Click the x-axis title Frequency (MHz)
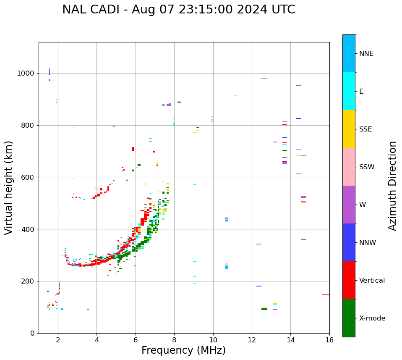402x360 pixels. (183, 350)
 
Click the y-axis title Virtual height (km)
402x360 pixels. (9, 188)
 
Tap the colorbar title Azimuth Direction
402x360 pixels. (392, 186)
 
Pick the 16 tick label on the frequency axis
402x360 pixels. (329, 340)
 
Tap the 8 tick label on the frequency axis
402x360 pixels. (174, 340)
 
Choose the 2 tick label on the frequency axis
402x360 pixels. (58, 340)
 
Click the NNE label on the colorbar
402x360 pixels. (366, 54)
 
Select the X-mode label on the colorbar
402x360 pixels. (372, 318)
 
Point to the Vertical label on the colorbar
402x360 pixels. (372, 281)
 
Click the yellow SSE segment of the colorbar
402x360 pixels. (349, 129)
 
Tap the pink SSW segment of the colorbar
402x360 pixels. (349, 167)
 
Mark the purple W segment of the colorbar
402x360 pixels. (349, 205)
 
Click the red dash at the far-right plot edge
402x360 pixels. (326, 295)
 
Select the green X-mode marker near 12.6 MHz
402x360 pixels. (264, 309)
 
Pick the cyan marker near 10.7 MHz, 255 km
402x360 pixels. (227, 267)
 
